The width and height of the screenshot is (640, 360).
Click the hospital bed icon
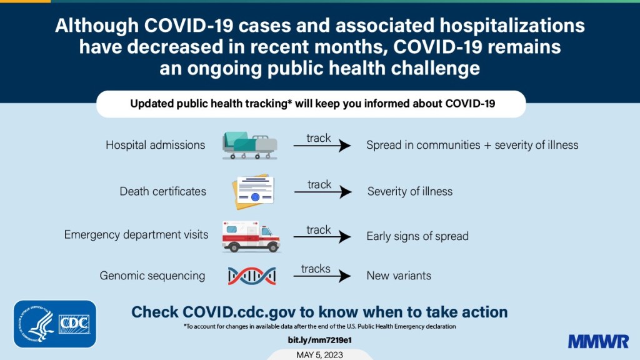249,145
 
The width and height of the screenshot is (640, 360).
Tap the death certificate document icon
252,191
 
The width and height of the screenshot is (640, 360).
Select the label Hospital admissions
155,145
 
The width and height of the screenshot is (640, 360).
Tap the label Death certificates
162,191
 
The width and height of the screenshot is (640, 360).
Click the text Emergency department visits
136,235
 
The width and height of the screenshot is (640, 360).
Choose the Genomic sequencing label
152,276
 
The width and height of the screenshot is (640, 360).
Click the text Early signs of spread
417,236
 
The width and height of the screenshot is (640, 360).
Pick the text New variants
398,276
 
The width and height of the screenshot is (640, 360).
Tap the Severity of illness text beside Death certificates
409,191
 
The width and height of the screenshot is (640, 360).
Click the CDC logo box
74,324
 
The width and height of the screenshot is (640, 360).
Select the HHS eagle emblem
39,324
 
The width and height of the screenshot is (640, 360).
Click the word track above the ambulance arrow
319,230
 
